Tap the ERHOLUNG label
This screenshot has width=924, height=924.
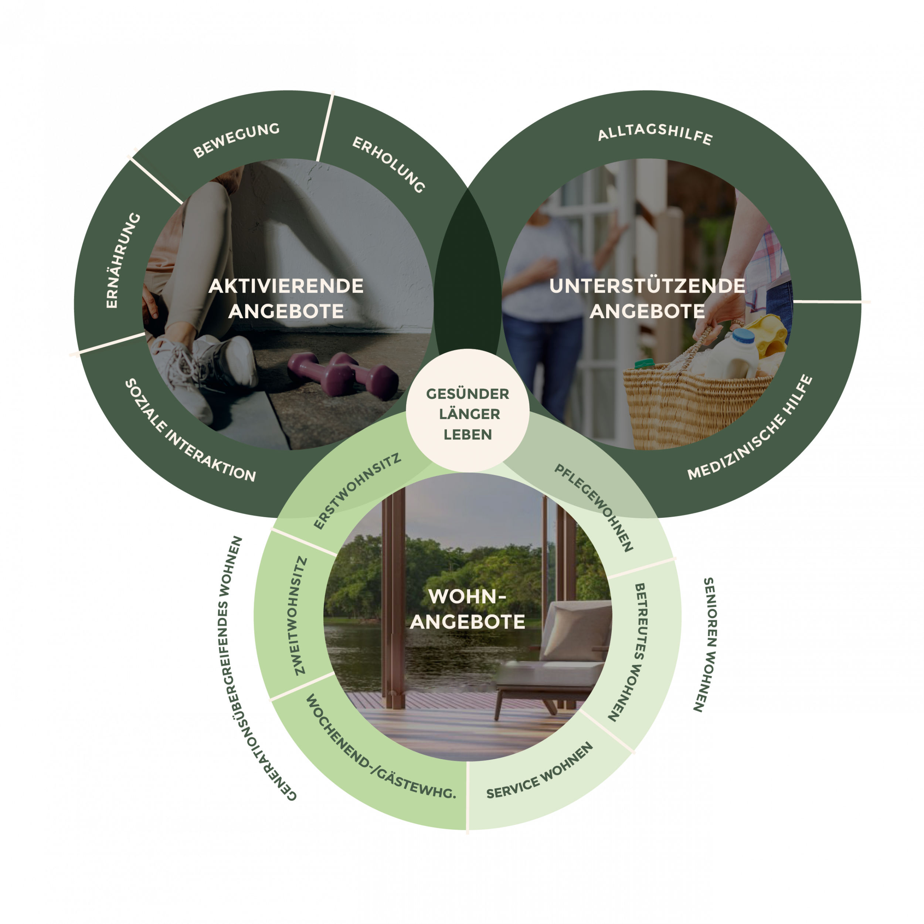[x=388, y=164]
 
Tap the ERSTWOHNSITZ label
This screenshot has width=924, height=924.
[x=357, y=492]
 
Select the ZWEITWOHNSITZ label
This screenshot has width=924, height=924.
[x=299, y=615]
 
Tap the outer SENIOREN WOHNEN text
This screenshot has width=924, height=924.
[x=706, y=644]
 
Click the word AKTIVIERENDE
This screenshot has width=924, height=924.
[x=286, y=286]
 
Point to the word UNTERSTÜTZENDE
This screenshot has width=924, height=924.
[x=647, y=286]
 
